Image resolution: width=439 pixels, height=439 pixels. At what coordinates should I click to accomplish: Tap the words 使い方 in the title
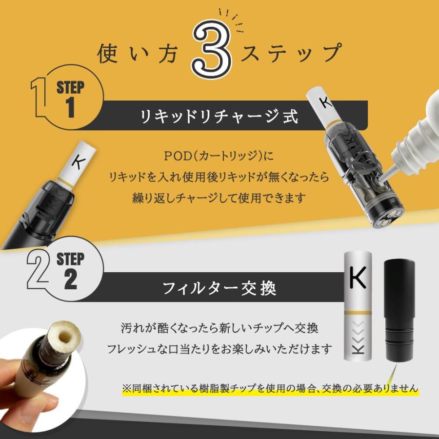click(x=140, y=54)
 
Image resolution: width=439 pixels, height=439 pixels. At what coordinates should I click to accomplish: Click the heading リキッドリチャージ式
click(x=219, y=117)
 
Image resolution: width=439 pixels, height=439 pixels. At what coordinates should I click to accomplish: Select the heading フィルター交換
click(x=219, y=288)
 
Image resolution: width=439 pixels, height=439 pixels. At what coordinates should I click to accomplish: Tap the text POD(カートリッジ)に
click(x=219, y=158)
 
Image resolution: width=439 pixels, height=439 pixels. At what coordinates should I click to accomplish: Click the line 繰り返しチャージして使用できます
click(x=219, y=198)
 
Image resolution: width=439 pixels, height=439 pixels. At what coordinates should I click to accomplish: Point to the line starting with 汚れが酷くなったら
click(x=219, y=328)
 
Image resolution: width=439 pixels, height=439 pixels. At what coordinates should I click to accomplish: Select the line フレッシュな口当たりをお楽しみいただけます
click(x=219, y=349)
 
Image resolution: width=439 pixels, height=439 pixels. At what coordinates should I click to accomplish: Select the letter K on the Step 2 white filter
click(x=359, y=279)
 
